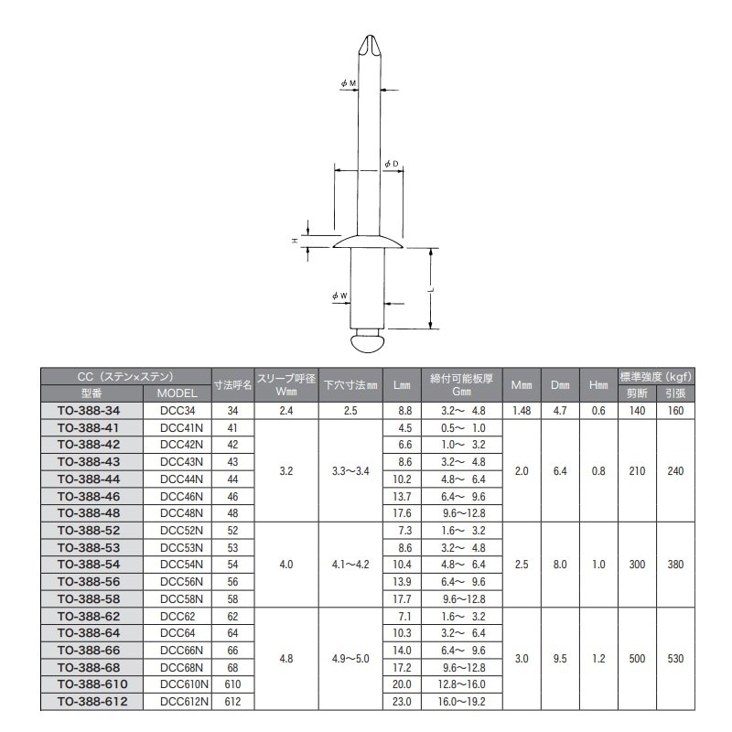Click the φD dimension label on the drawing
pyautogui.click(x=392, y=164)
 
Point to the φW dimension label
pyautogui.click(x=339, y=296)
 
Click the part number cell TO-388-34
pyautogui.click(x=92, y=412)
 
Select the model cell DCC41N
pyautogui.click(x=178, y=427)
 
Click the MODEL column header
pyautogui.click(x=178, y=393)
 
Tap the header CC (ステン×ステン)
pyautogui.click(x=126, y=376)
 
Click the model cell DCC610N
pyautogui.click(x=178, y=684)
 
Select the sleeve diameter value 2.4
pyautogui.click(x=286, y=412)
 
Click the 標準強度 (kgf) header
pyautogui.click(x=656, y=376)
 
